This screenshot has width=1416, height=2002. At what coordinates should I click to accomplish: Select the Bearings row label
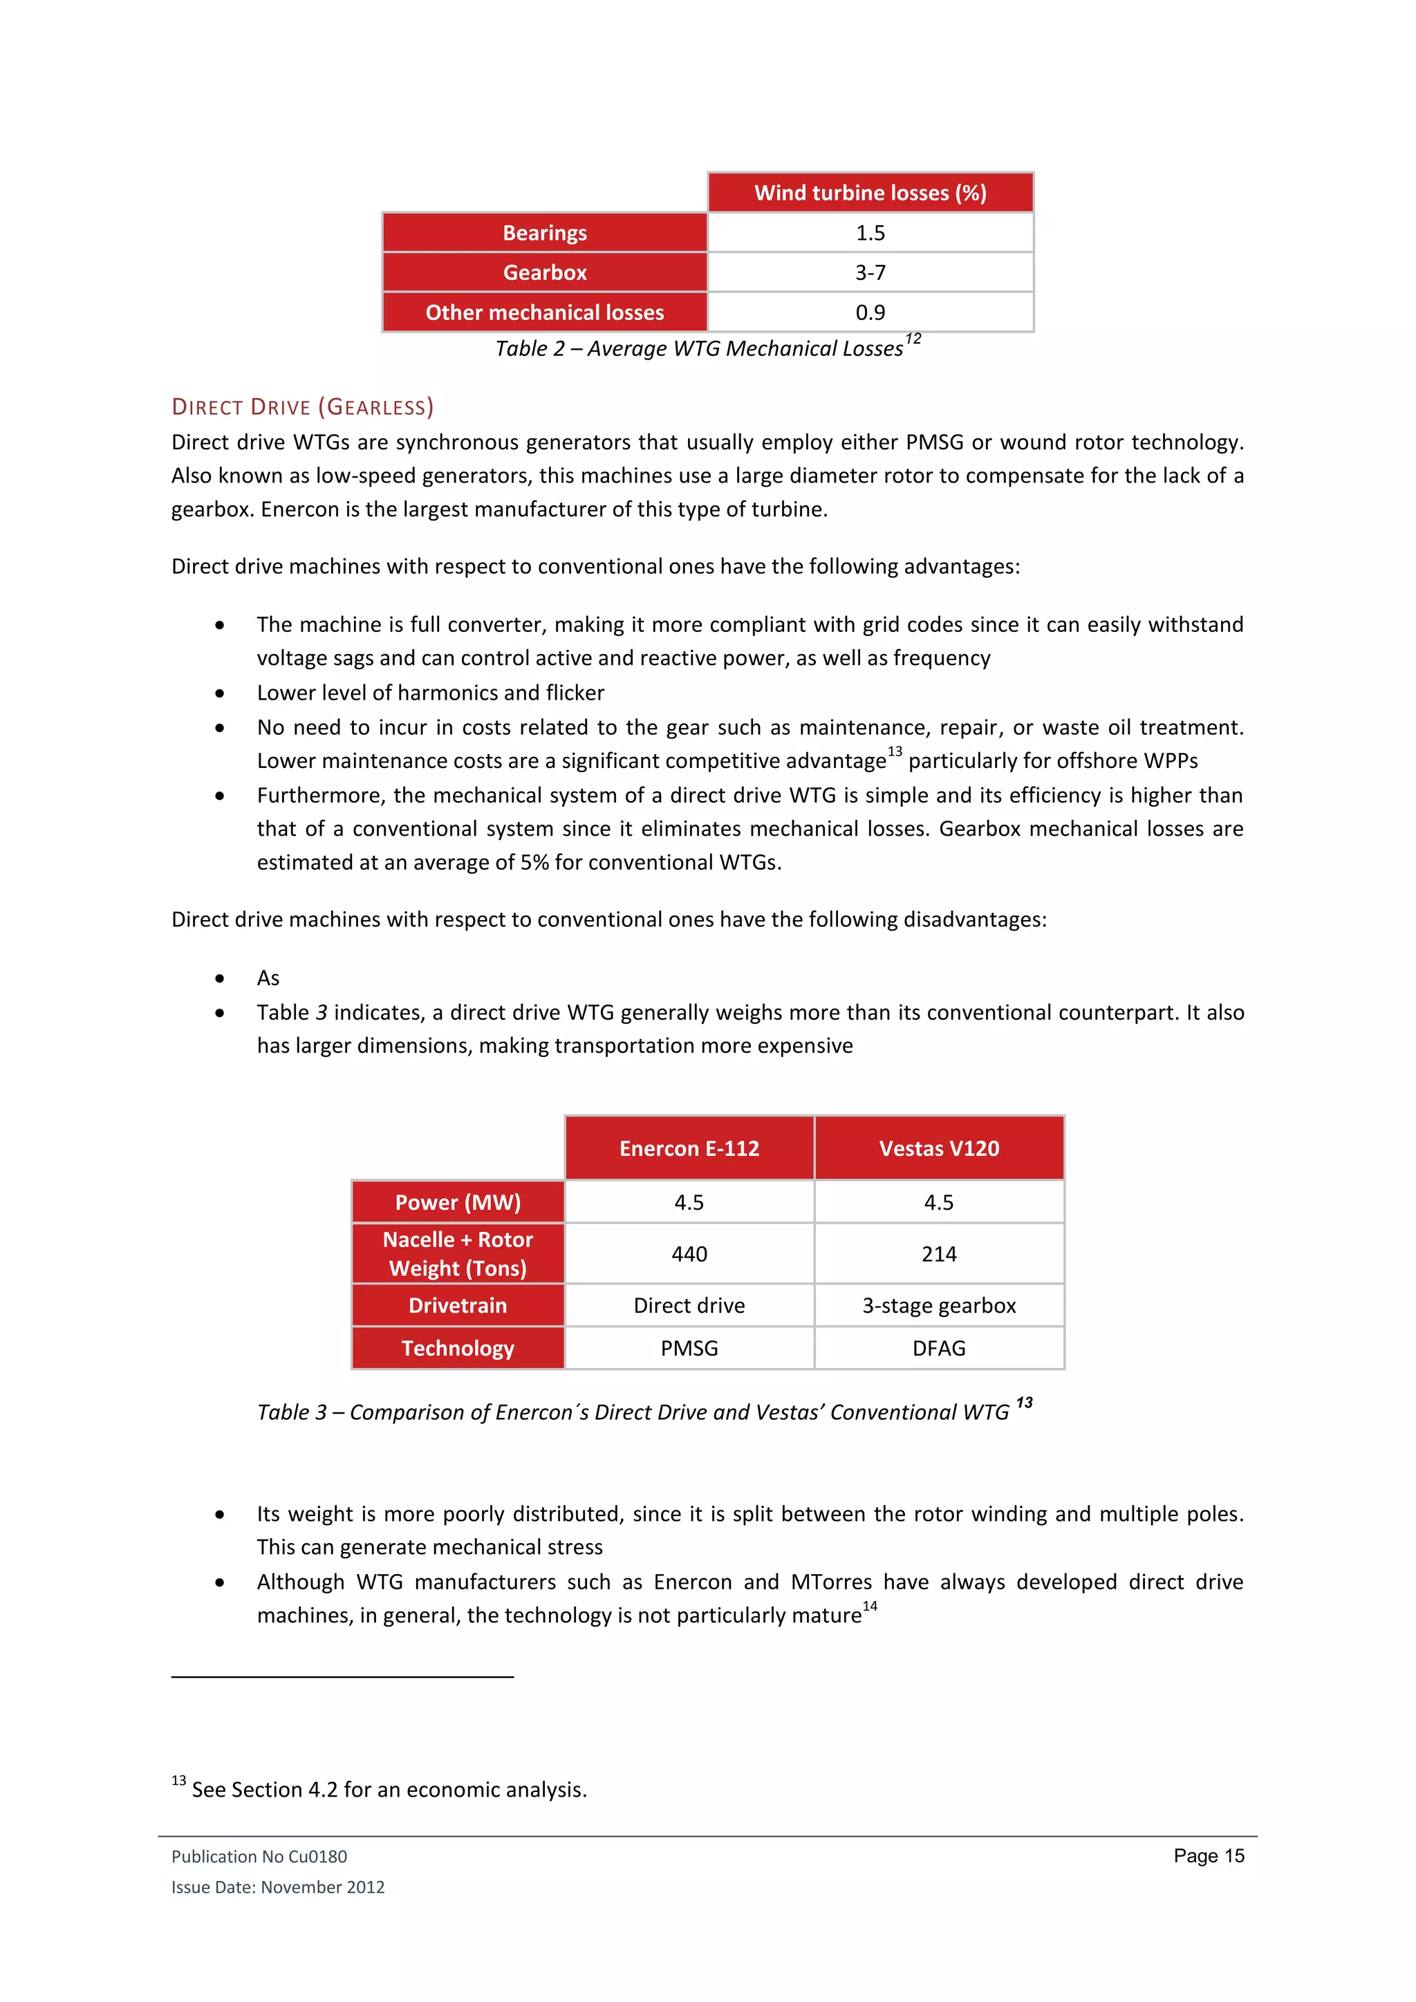pos(544,233)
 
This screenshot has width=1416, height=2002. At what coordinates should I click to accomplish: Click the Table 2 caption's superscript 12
pos(913,338)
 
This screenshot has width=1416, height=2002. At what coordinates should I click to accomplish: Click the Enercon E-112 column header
pos(689,1148)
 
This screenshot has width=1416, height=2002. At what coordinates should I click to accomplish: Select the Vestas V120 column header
pos(938,1148)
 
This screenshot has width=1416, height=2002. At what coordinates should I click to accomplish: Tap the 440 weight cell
pos(689,1254)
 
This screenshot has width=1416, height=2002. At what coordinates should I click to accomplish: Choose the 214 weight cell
pos(938,1254)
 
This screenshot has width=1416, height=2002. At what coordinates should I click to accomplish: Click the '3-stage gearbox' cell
pos(938,1305)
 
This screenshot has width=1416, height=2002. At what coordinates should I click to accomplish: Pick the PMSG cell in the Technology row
pos(689,1348)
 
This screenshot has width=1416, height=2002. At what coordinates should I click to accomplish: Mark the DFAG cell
pos(938,1348)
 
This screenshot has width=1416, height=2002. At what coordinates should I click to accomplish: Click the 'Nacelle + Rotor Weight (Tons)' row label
pos(458,1254)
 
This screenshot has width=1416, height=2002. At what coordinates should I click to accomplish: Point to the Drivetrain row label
pos(458,1305)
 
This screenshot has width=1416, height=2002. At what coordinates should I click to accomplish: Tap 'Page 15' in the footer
pos(1209,1855)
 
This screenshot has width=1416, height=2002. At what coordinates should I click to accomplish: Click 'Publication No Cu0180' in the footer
pos(259,1856)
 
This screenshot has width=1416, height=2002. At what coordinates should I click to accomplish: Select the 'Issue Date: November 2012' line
pos(277,1887)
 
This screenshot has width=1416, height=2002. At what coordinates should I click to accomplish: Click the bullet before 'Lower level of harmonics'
pos(220,693)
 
